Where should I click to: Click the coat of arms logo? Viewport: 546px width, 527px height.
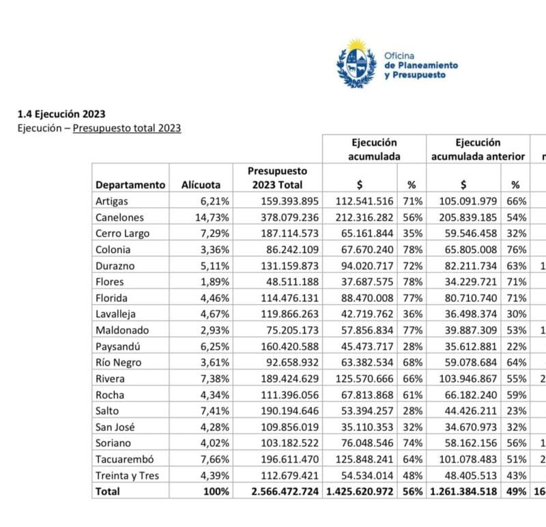356,64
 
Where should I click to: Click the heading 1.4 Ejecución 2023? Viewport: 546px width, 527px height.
61,114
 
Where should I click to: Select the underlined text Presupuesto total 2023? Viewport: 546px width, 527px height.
127,127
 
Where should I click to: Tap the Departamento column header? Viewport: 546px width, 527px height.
130,185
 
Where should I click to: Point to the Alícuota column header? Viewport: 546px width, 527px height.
201,185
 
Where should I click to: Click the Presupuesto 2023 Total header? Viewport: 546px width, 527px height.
277,178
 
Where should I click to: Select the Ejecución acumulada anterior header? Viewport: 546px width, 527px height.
478,149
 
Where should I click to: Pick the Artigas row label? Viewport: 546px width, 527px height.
112,201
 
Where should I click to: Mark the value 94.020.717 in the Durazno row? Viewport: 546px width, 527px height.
364,265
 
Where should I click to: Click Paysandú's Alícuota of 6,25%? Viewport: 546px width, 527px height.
215,346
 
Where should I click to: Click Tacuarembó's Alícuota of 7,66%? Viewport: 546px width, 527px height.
215,460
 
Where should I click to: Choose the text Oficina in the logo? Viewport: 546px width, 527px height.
399,55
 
